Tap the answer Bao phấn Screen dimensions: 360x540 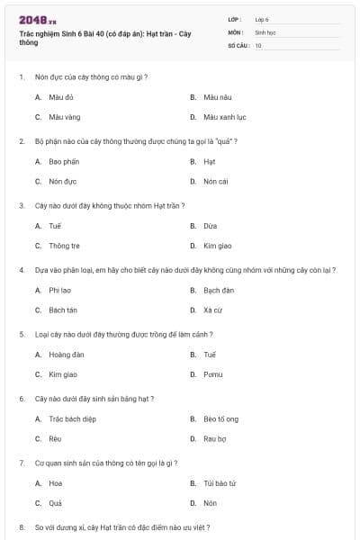click(63, 161)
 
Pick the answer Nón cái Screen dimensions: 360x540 click(215, 181)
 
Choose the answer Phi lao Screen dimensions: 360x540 click(60, 290)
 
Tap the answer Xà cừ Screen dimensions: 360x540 click(212, 310)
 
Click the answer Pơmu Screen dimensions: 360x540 click(213, 374)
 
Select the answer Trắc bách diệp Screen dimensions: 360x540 click(71, 418)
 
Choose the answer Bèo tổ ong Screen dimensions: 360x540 click(220, 418)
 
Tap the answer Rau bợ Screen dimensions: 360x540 click(215, 439)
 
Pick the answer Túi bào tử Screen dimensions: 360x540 click(220, 483)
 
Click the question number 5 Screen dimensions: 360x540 click(22, 334)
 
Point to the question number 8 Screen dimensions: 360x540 click(22, 526)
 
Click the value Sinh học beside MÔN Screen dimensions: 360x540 click(265, 31)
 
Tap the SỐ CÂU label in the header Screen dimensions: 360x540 click(238, 45)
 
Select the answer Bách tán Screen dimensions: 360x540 click(63, 310)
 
